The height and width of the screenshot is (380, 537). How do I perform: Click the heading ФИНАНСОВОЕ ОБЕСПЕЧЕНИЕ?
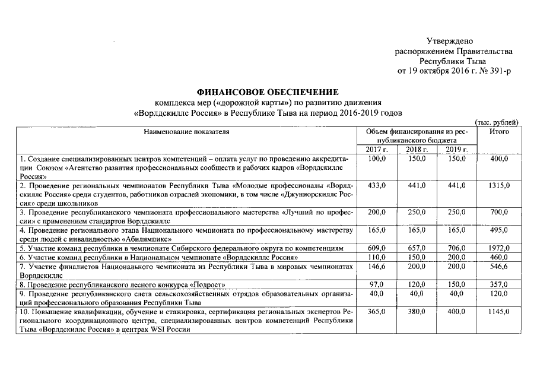click(x=268, y=92)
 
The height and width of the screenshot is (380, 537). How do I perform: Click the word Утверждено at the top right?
click(x=449, y=41)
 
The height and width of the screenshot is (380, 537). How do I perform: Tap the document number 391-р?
click(x=498, y=71)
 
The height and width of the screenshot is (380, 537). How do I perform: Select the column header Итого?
click(x=500, y=132)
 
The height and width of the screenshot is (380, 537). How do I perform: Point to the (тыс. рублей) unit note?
click(x=498, y=122)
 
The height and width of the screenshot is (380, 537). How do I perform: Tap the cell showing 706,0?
click(x=455, y=248)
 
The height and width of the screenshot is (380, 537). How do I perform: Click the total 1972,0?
click(x=500, y=248)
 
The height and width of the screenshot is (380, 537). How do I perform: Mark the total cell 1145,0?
click(x=500, y=311)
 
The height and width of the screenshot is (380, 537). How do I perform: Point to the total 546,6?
click(x=500, y=268)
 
